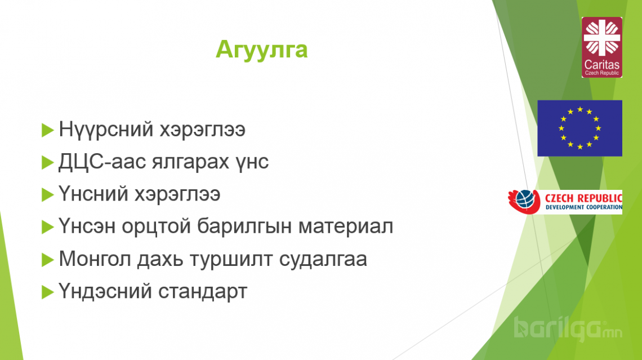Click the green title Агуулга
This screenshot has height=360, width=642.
(262, 50)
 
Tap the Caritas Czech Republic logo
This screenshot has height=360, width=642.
(601, 47)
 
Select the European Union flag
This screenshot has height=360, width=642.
(579, 128)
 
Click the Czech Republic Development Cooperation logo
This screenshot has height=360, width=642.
(565, 202)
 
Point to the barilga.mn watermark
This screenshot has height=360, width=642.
(568, 329)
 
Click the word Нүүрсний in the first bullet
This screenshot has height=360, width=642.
(106, 130)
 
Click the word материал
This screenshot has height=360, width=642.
(346, 226)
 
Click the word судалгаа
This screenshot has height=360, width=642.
(323, 260)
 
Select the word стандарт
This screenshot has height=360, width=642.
(203, 292)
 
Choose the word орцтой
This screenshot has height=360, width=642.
(157, 226)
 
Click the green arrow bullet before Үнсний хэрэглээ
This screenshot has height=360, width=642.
(47, 194)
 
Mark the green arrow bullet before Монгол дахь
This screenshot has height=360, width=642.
(47, 260)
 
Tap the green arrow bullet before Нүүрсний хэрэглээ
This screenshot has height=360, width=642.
(47, 130)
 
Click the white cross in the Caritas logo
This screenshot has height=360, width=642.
(602, 38)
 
